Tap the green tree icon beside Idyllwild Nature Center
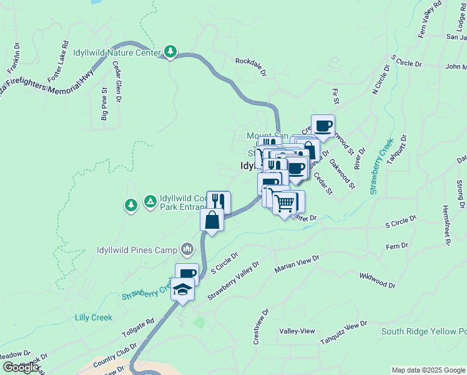pos(170,51)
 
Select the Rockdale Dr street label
pos(251,66)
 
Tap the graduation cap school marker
pos(182,289)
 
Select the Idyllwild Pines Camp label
pos(137,251)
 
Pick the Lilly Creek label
pos(94,317)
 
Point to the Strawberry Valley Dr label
pos(233,282)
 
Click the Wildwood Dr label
pos(377,280)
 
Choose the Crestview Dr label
pos(260,326)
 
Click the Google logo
pos(21,367)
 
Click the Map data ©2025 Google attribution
pos(428,370)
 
